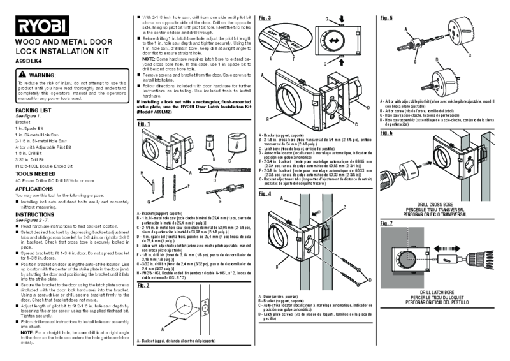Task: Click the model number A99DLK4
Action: tap(29, 61)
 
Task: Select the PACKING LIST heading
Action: tap(34, 110)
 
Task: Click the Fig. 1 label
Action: tap(144, 124)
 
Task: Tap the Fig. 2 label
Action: tap(144, 286)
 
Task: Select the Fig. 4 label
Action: tap(266, 193)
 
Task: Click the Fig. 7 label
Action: tap(386, 224)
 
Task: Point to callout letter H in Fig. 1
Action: tap(142, 172)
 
